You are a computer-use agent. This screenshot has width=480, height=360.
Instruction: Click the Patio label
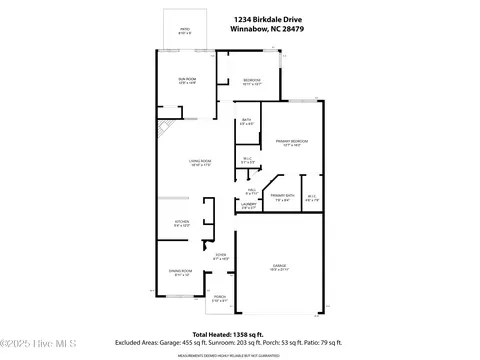[184, 31]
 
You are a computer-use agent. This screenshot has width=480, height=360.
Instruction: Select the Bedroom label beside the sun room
[252, 82]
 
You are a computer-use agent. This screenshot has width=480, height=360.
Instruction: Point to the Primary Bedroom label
[291, 143]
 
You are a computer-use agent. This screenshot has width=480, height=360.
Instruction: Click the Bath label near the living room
[247, 122]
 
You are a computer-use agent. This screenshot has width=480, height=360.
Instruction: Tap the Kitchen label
[182, 224]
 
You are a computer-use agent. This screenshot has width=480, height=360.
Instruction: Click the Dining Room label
[181, 273]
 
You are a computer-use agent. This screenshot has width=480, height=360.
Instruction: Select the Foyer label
[221, 257]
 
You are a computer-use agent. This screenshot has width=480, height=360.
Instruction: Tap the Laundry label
[249, 206]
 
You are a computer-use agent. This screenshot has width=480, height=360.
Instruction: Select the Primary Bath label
[283, 197]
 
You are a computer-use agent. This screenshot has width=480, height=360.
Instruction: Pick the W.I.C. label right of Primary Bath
[312, 197]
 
